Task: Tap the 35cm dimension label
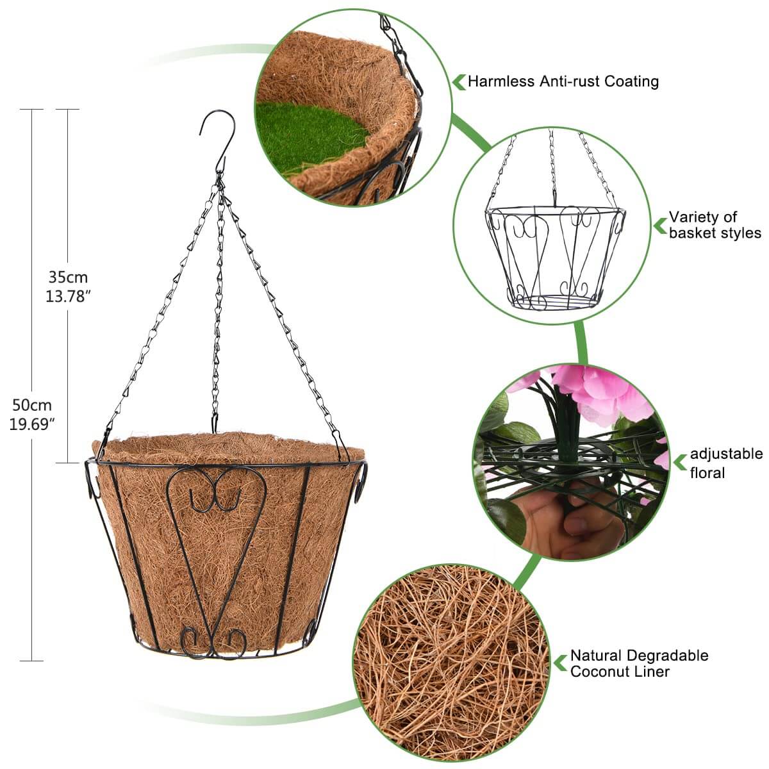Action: click(68, 277)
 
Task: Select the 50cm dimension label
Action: click(32, 405)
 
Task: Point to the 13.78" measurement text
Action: click(68, 296)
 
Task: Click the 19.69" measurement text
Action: click(32, 424)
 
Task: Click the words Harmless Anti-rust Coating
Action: click(563, 81)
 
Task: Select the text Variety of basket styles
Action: click(715, 225)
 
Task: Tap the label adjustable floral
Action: click(726, 463)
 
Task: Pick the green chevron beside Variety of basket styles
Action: click(659, 226)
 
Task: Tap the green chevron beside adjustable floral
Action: click(680, 463)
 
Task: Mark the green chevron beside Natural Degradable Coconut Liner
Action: click(560, 663)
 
